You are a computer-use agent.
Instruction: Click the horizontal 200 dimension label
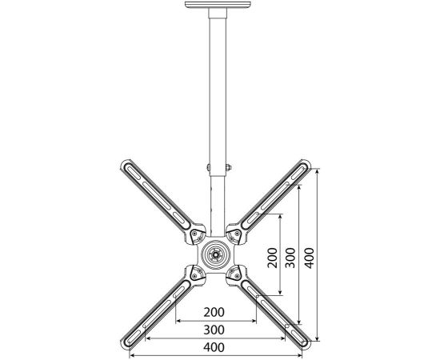(214, 312)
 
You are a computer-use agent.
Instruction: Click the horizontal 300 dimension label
(214, 330)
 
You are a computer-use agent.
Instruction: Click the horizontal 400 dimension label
(214, 347)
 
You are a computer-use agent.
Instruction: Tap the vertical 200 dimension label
(273, 258)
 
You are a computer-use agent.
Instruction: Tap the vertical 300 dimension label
(290, 258)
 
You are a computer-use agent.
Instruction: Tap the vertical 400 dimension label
(310, 258)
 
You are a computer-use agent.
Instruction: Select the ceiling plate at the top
(218, 5)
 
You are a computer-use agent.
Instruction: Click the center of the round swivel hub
(216, 254)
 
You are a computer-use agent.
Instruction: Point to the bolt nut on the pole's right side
(229, 167)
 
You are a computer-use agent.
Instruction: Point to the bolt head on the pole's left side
(208, 167)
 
